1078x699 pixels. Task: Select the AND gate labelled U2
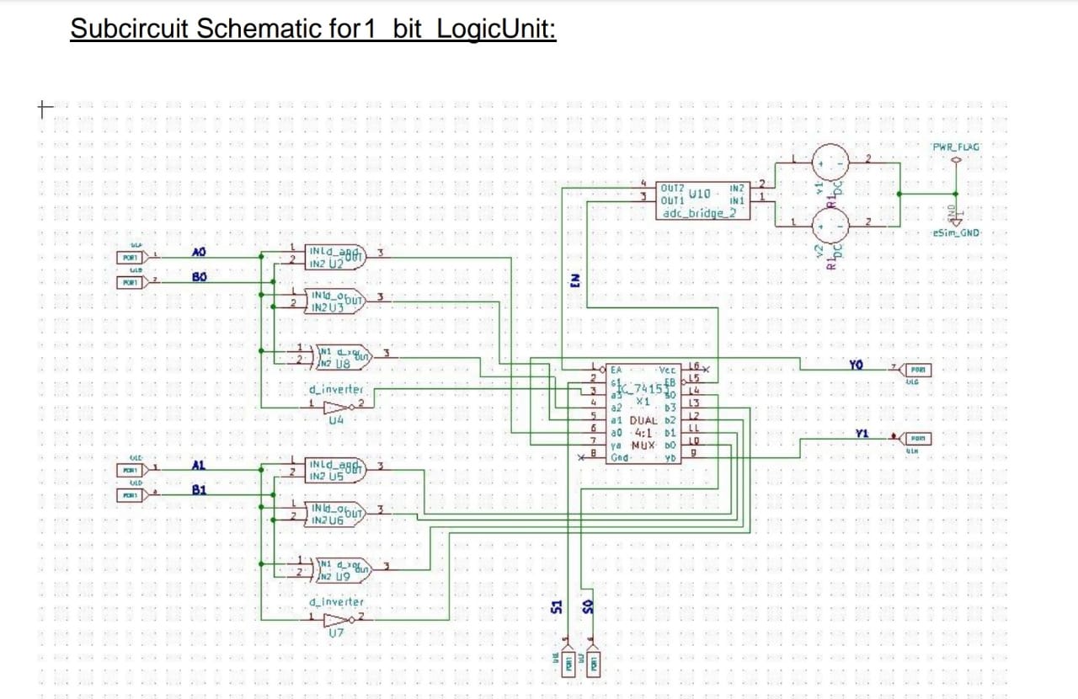pos(335,258)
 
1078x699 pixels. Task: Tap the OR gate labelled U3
pos(335,302)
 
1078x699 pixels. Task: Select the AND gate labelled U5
pos(335,470)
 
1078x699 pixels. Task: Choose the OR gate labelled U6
pos(335,515)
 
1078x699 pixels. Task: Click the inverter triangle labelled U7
pos(337,618)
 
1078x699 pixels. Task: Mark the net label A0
pos(199,252)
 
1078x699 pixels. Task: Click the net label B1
pos(199,489)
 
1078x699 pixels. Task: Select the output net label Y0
pos(857,365)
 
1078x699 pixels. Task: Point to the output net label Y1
pos(861,433)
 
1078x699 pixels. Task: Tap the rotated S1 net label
pos(556,606)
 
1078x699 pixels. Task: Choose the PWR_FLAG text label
pos(956,147)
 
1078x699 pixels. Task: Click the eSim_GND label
pos(956,232)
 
